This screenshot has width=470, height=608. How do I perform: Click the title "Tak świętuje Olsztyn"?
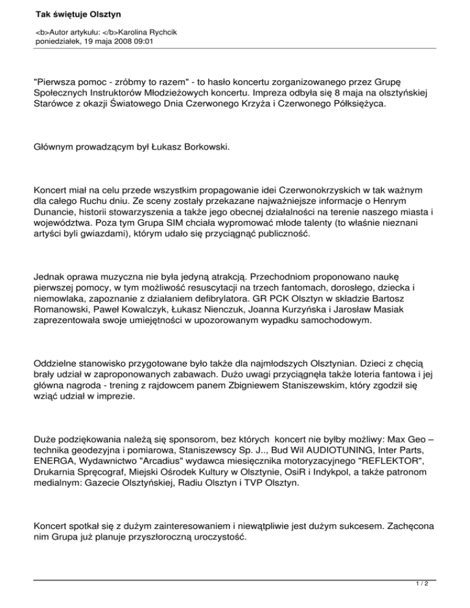(x=75, y=12)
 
